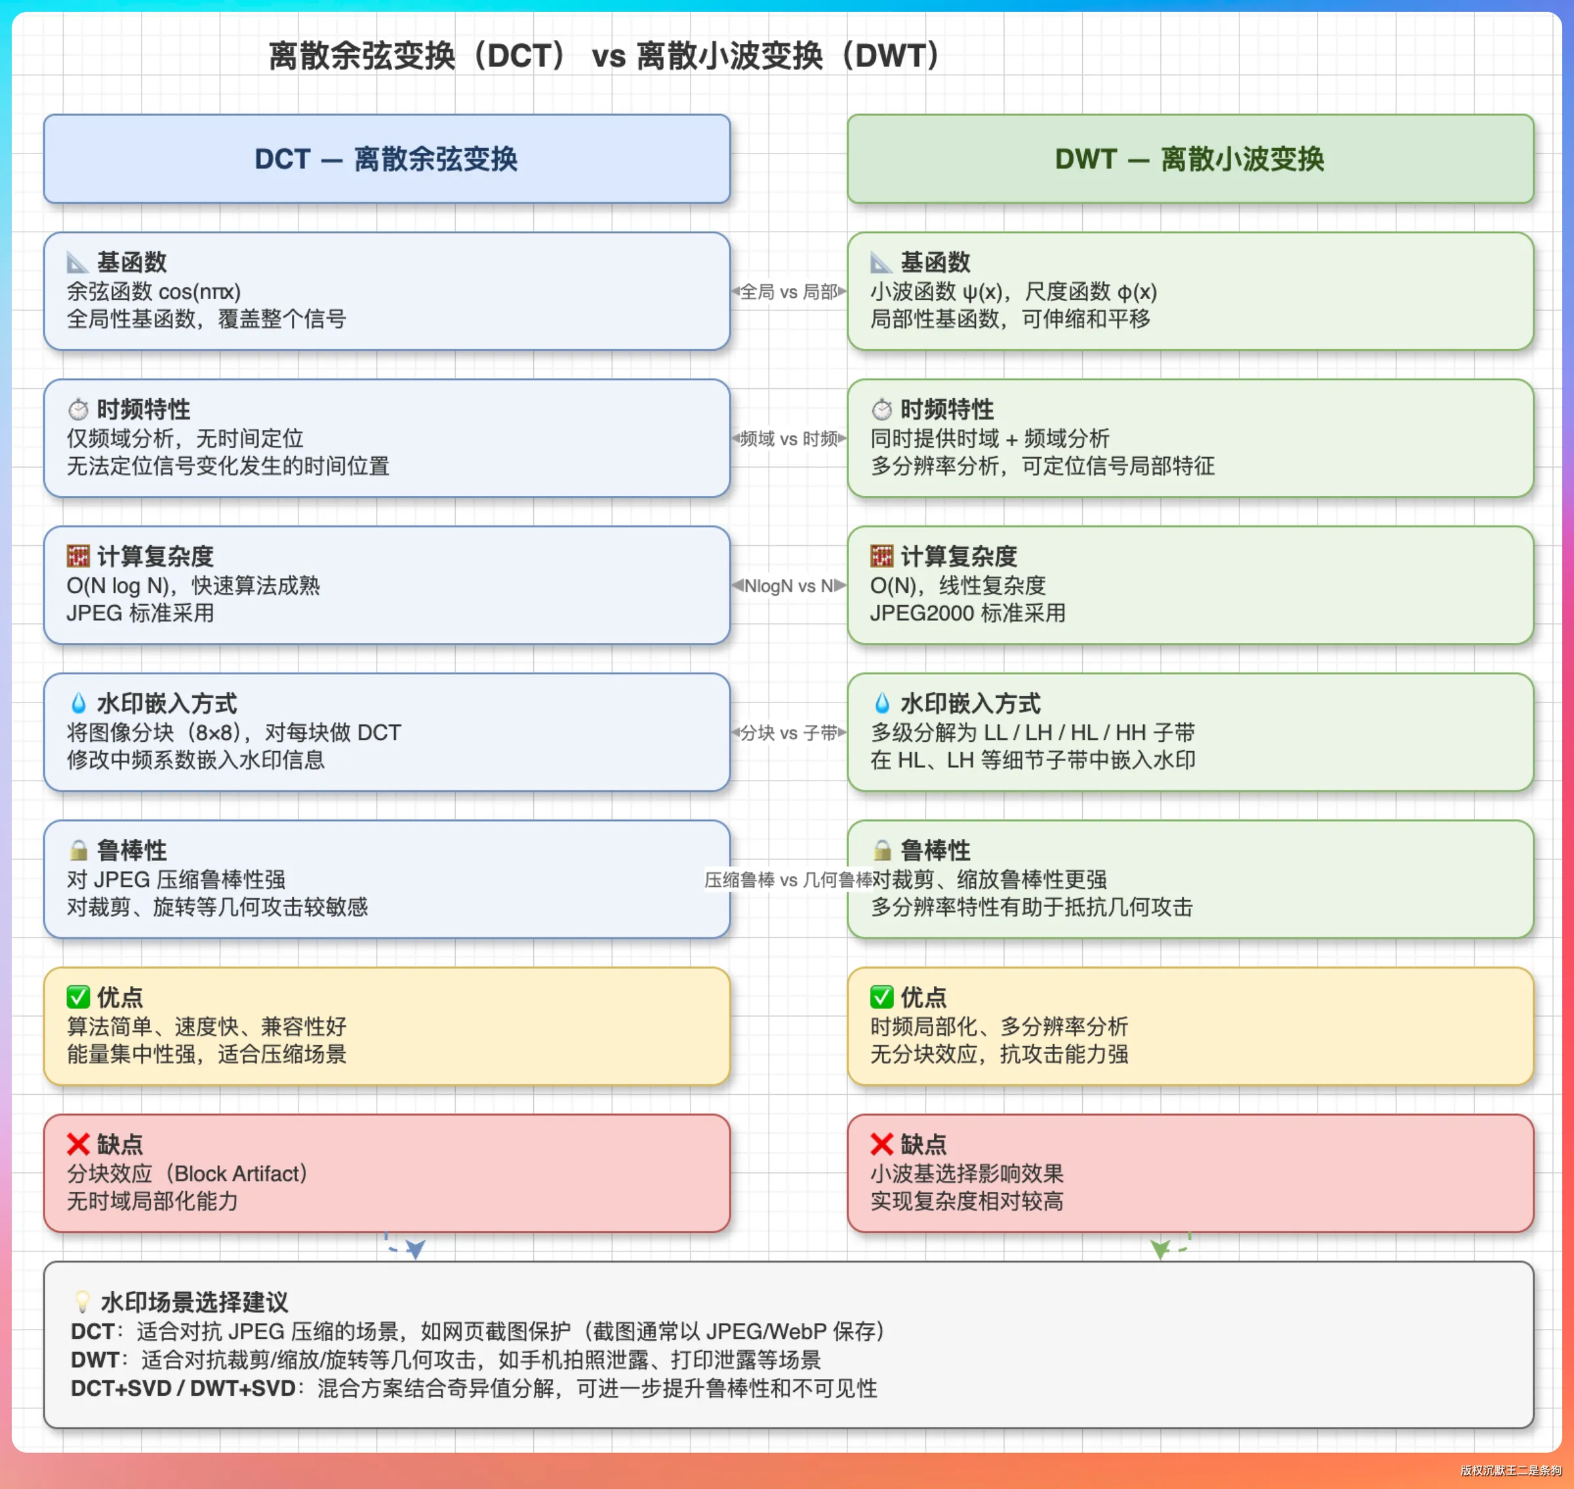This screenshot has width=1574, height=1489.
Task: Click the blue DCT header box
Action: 386,159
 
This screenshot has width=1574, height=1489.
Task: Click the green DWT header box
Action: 1190,159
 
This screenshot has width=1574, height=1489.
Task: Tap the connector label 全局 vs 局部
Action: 788,292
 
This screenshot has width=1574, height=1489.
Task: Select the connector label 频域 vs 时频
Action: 788,439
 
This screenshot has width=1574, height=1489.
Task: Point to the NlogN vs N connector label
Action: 788,586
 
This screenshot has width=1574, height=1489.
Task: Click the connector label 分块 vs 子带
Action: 788,733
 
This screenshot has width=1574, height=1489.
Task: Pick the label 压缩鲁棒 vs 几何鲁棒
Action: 788,880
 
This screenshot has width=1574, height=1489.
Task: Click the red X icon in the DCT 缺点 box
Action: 78,1144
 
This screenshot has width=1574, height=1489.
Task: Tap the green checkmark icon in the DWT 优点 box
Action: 881,996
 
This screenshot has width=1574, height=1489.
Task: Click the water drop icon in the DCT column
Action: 78,703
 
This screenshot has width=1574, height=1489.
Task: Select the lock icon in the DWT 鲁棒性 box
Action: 881,850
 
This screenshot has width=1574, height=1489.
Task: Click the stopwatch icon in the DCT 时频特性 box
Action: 78,409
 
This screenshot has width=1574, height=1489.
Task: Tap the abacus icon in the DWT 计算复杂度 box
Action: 881,556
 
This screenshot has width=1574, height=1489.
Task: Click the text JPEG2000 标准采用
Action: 967,613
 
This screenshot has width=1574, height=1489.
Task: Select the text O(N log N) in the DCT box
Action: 117,586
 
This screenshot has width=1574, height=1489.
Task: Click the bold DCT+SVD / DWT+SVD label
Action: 184,1388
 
